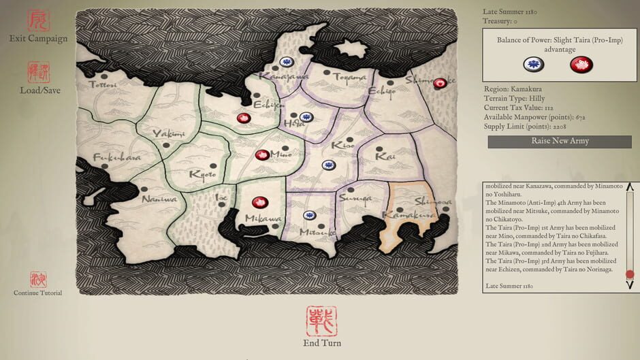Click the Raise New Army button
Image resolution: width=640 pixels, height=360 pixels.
click(x=559, y=142)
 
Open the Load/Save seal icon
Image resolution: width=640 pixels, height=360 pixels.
click(x=38, y=72)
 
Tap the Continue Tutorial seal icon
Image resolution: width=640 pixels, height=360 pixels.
click(x=38, y=279)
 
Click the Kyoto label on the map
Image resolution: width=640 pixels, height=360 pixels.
click(x=203, y=174)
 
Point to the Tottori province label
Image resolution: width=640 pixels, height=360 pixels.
click(x=102, y=85)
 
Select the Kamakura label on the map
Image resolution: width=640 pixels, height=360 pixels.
click(x=400, y=215)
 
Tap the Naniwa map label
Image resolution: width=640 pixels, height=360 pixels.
click(x=159, y=199)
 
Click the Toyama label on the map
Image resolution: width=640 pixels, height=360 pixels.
click(x=349, y=78)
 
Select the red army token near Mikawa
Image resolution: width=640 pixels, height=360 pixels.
click(x=260, y=202)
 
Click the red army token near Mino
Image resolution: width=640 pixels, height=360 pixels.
click(x=261, y=155)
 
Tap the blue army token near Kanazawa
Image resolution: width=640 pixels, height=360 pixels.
click(x=287, y=61)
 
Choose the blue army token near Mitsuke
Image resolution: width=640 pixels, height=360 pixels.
click(x=309, y=216)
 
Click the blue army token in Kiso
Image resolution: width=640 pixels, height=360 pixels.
click(x=329, y=165)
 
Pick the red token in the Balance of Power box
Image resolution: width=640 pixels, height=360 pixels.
click(x=581, y=65)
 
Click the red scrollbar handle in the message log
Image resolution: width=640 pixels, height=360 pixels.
click(x=630, y=275)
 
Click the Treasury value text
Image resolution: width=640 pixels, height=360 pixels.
click(x=496, y=22)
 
